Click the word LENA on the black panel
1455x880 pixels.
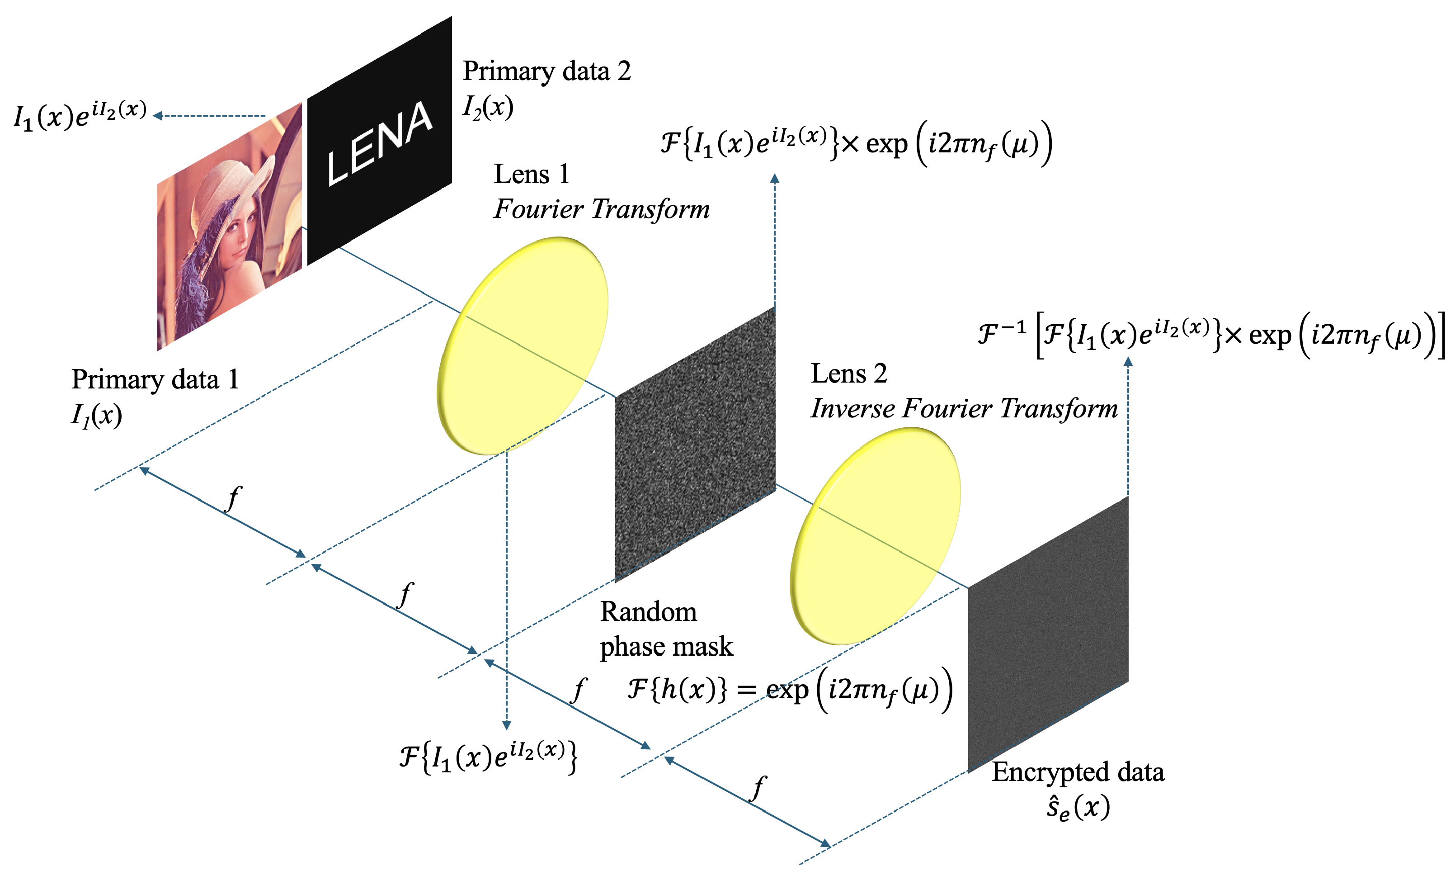379,143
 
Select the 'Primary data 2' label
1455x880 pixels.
546,71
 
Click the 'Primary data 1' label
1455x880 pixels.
155,379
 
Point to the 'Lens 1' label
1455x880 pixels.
531,174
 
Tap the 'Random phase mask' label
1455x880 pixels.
665,629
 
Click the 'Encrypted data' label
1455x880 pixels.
1078,772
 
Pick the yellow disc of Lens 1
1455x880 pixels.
523,345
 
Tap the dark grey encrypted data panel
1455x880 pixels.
1048,635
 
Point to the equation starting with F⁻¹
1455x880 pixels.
1210,335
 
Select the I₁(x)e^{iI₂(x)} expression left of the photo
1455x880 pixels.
80,116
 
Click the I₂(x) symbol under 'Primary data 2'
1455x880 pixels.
488,108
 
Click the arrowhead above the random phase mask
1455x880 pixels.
775,178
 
